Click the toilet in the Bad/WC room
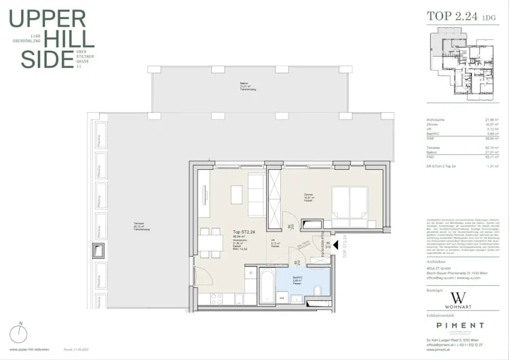(318, 291)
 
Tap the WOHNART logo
(459, 301)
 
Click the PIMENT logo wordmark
(459, 327)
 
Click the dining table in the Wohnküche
(208, 242)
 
